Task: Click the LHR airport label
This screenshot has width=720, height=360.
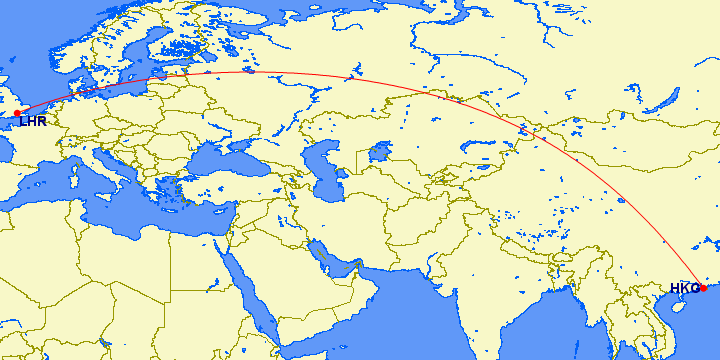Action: point(33,121)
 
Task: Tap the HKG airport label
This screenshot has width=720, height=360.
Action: point(684,289)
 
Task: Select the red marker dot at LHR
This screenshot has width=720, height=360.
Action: point(17,113)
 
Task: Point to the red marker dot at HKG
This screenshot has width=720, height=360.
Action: point(702,288)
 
